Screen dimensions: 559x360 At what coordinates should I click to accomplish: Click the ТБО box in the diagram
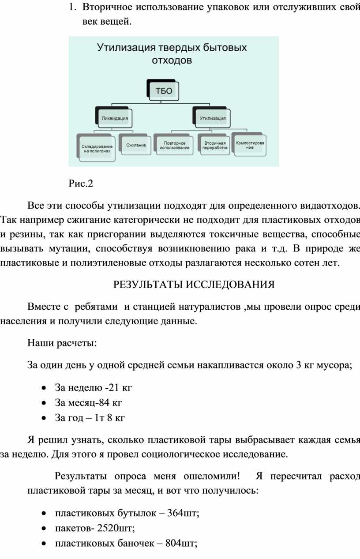pyautogui.click(x=161, y=91)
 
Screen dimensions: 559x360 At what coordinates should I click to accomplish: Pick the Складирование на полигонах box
pyautogui.click(x=97, y=148)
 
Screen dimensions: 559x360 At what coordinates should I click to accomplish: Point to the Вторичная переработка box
pyautogui.click(x=215, y=145)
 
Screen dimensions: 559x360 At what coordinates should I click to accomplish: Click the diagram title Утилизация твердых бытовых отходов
pyautogui.click(x=172, y=53)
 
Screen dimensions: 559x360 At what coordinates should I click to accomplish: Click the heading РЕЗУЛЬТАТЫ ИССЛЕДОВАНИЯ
pyautogui.click(x=194, y=285)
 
